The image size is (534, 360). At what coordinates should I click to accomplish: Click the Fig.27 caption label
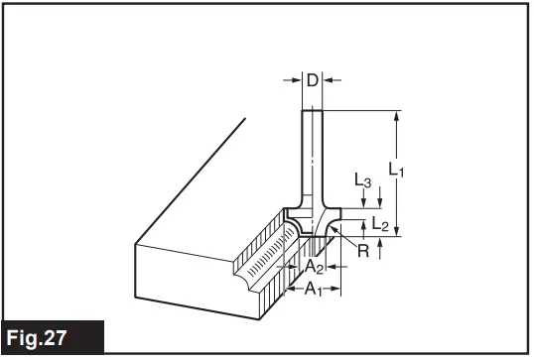click(x=50, y=338)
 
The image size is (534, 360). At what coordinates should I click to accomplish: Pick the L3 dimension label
click(x=363, y=180)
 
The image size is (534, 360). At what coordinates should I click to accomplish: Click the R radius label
click(x=363, y=251)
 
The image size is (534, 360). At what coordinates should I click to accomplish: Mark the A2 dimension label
click(x=313, y=266)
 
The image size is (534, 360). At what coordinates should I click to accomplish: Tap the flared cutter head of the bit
click(x=312, y=220)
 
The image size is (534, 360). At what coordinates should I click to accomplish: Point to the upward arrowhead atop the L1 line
click(x=396, y=115)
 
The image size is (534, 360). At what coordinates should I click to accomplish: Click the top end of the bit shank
click(x=312, y=109)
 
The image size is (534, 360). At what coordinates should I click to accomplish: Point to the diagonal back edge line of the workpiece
click(x=189, y=179)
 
